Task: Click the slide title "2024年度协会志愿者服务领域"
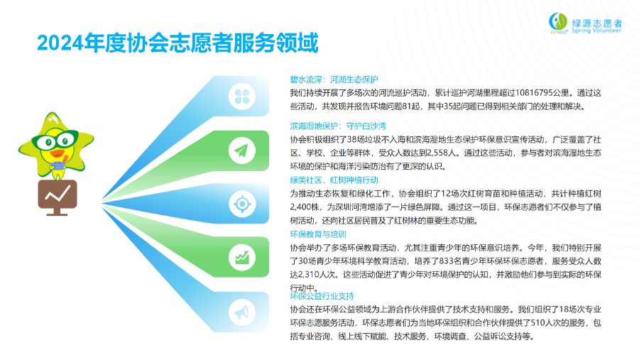177,43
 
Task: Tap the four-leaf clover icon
242,97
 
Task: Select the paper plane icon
242,151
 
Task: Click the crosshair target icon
242,204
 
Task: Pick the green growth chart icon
242,258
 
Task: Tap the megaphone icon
242,312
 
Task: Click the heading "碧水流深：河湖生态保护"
334,80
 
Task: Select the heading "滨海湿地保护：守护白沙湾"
338,126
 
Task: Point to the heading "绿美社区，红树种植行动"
334,180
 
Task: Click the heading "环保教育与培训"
318,234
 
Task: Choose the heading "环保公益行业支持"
322,296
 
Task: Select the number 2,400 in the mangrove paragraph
300,207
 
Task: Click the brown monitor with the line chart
57,197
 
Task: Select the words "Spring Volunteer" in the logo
596,31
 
